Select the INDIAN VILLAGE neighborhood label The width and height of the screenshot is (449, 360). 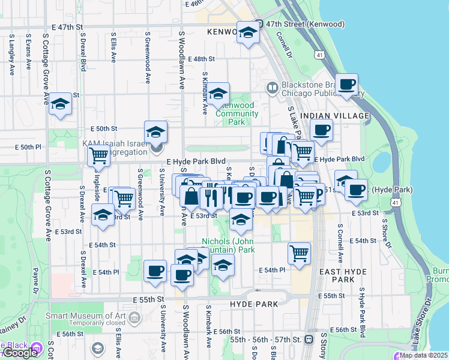pyautogui.click(x=334, y=115)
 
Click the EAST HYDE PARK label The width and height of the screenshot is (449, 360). pyautogui.click(x=343, y=276)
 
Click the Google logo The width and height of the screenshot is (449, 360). pyautogui.click(x=20, y=352)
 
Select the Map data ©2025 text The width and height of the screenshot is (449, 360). pyautogui.click(x=423, y=355)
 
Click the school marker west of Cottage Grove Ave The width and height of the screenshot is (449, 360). pyautogui.click(x=60, y=103)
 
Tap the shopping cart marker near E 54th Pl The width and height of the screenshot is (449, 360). pyautogui.click(x=299, y=253)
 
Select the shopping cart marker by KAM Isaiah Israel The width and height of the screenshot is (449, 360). pyautogui.click(x=98, y=155)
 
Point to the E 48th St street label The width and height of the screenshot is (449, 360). pyautogui.click(x=201, y=59)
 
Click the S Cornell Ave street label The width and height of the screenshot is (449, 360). pyautogui.click(x=340, y=244)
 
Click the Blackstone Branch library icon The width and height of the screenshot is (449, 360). pyautogui.click(x=272, y=89)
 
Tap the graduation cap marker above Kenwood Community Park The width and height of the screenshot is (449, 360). pyautogui.click(x=219, y=93)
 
